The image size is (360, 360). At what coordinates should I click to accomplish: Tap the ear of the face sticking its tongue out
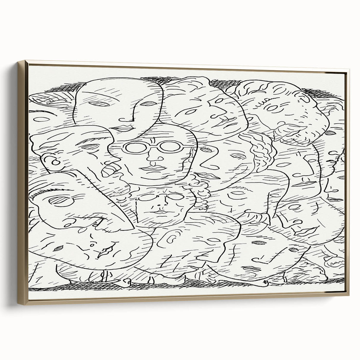coord(55,162)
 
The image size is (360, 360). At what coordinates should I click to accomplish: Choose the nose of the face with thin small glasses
coord(160,205)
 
